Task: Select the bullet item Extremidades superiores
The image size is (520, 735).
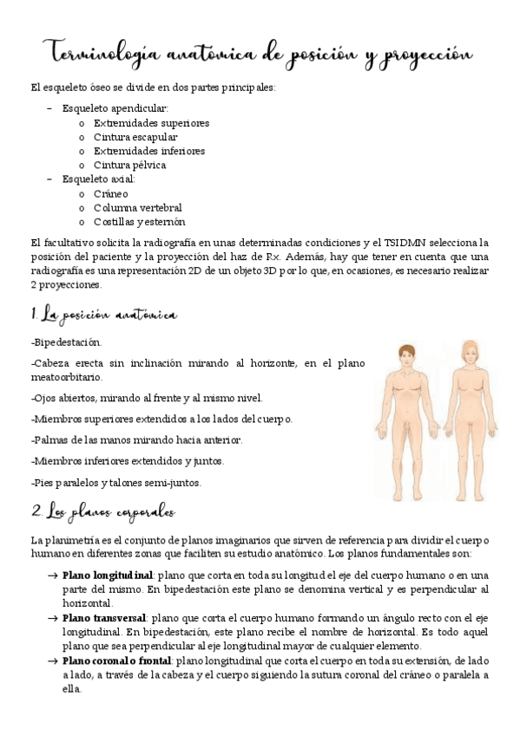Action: [151, 122]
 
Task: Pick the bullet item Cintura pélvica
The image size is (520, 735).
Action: [129, 165]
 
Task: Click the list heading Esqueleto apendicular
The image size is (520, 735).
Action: [115, 108]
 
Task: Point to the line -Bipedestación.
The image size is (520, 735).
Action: [65, 342]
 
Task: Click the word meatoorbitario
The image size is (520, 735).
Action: [66, 377]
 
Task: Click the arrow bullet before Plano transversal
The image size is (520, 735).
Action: [52, 617]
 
